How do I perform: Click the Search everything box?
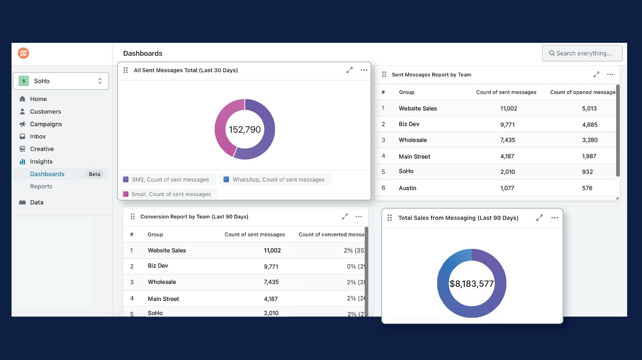click(x=582, y=53)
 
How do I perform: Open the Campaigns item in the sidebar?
click(x=46, y=124)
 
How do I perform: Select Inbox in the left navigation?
click(x=38, y=136)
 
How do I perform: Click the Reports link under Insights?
click(x=41, y=186)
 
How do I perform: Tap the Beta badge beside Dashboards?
click(x=94, y=174)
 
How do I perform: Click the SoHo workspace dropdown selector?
click(x=61, y=81)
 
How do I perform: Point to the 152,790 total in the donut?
click(x=245, y=130)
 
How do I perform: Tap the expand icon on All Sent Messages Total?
click(x=349, y=70)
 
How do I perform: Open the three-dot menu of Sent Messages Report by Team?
click(x=610, y=74)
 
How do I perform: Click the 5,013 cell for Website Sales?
click(x=589, y=108)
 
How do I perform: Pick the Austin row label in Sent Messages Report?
click(x=407, y=188)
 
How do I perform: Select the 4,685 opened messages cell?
click(x=590, y=125)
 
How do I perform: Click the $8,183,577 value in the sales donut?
click(x=471, y=284)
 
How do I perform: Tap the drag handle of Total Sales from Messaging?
click(x=390, y=218)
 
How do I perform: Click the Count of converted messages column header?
click(x=331, y=234)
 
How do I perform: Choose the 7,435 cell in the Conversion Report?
click(x=271, y=282)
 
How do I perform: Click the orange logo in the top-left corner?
click(x=23, y=53)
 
